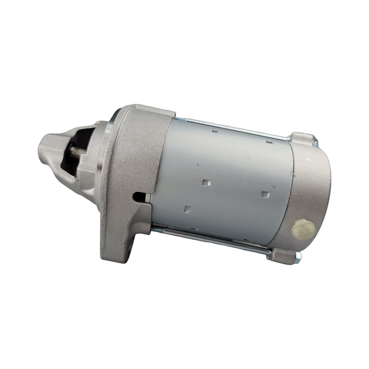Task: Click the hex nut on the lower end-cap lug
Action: click(x=298, y=256)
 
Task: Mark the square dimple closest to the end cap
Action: click(x=265, y=194)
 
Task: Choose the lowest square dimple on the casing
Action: click(x=187, y=209)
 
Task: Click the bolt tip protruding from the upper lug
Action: click(x=315, y=143)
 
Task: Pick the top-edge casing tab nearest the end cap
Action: click(x=269, y=142)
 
